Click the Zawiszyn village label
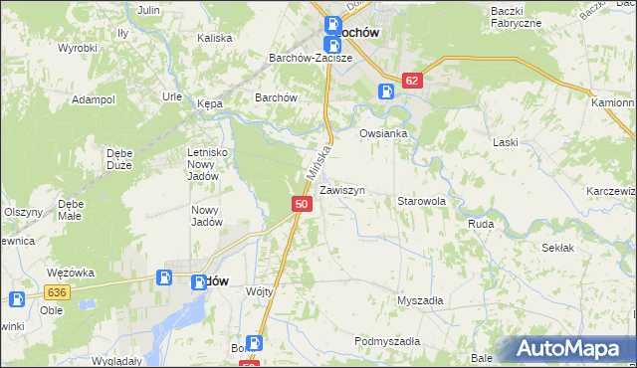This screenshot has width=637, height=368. point(342,189)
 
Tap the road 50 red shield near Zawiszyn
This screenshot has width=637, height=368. point(304,204)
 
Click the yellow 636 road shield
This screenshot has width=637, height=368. point(56,291)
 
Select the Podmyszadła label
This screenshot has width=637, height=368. point(387,341)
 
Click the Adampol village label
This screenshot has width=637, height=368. point(94,100)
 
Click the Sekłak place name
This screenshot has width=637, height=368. point(558,247)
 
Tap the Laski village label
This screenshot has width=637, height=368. point(506,142)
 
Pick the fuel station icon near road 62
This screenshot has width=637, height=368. point(386,92)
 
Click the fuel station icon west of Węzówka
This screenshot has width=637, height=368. point(17,298)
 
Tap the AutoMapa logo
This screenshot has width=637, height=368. point(572,349)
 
